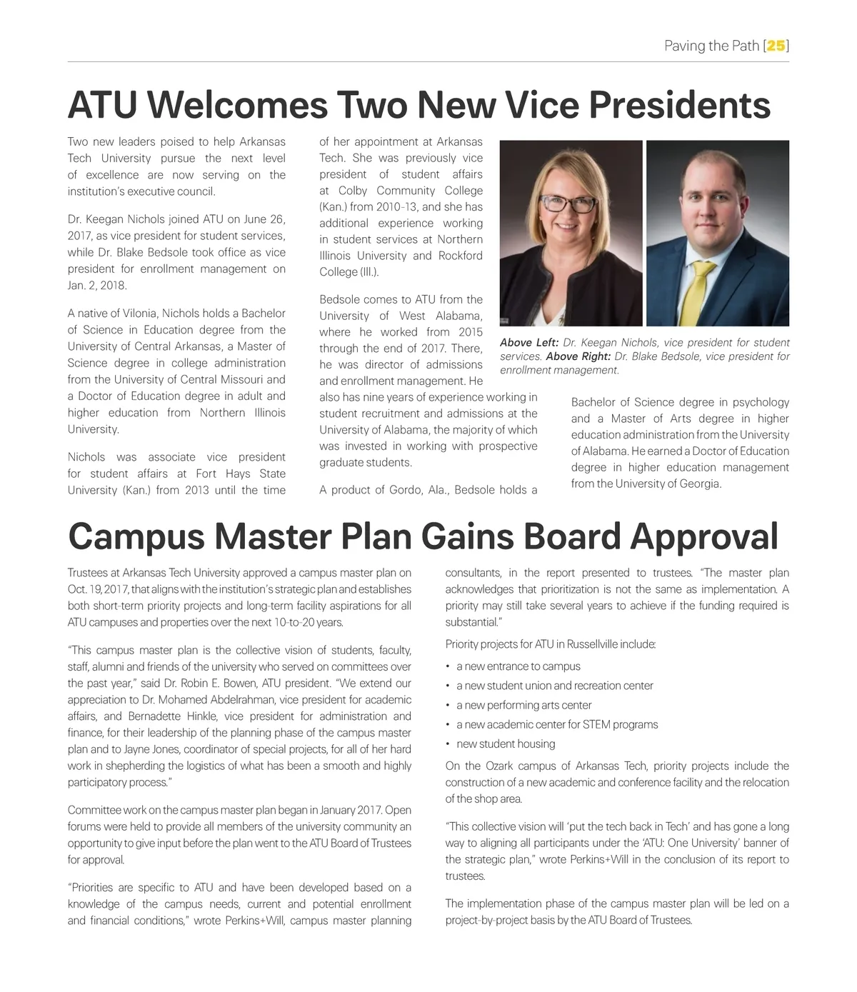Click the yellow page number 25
point(776,46)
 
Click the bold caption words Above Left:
point(528,343)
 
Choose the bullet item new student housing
point(506,743)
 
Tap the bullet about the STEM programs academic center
point(557,724)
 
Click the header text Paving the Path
point(711,46)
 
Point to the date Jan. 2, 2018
point(96,286)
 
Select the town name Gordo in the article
point(405,490)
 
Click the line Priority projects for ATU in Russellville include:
point(550,644)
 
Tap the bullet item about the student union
point(554,686)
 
